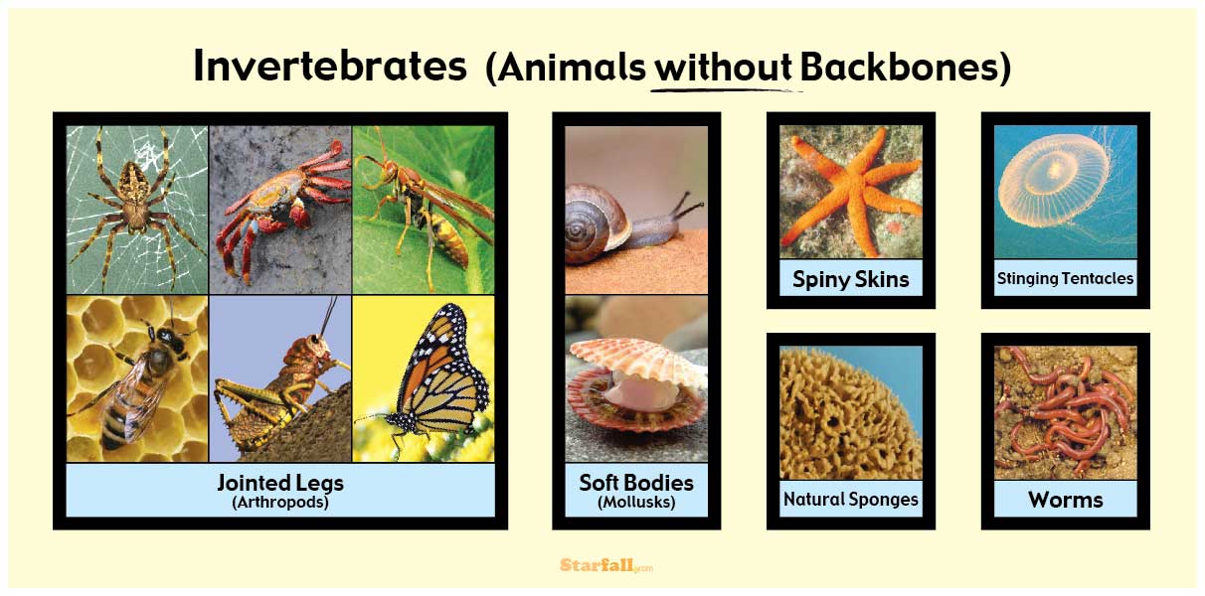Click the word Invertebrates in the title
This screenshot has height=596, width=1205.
(329, 67)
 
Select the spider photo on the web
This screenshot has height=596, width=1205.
(136, 207)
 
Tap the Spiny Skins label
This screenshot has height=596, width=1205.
(850, 279)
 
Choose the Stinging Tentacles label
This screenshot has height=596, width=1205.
(1065, 279)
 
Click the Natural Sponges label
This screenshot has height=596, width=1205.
(850, 499)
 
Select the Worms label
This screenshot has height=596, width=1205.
(1065, 499)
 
